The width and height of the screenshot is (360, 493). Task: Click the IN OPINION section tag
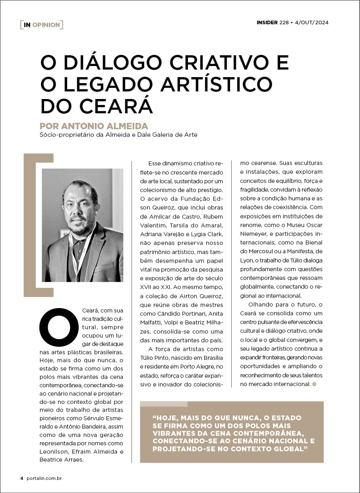pyautogui.click(x=42, y=25)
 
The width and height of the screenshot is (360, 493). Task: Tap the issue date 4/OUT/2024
pyautogui.click(x=312, y=23)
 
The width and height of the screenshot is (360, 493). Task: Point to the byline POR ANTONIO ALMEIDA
pyautogui.click(x=94, y=126)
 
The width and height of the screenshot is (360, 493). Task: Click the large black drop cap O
pyautogui.click(x=59, y=327)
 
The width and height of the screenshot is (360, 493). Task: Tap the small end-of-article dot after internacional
pyautogui.click(x=314, y=384)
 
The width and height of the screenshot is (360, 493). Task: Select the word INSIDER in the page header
pyautogui.click(x=267, y=23)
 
